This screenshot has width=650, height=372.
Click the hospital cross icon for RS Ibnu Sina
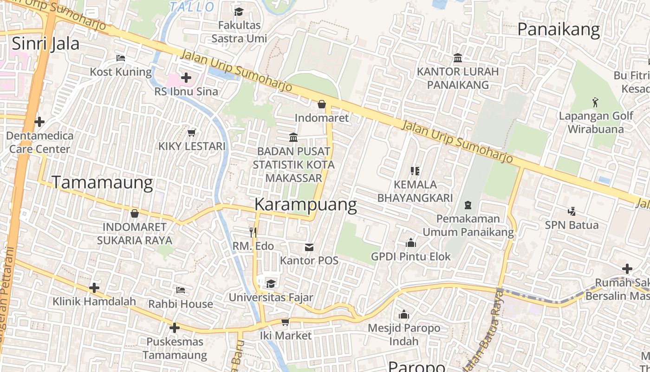[186, 77]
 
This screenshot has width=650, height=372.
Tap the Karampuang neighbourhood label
[305, 205]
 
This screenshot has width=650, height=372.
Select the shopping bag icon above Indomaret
[321, 104]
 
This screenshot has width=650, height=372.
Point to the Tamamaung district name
[102, 182]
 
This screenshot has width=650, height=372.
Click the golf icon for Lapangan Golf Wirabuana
[595, 101]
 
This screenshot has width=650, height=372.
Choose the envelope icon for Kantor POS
[309, 247]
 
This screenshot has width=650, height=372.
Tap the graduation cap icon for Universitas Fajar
[271, 283]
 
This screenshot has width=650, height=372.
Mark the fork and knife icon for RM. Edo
[253, 232]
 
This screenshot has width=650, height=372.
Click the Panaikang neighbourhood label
[559, 30]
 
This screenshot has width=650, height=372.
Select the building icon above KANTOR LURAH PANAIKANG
[458, 58]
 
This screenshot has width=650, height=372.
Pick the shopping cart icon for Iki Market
[285, 321]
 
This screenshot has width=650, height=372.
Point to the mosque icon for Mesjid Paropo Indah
[404, 314]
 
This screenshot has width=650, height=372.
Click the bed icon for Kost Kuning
[121, 58]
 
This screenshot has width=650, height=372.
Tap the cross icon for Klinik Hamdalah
[94, 288]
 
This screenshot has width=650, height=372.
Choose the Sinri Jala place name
[45, 44]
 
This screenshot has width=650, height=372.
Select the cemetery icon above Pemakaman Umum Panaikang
[468, 205]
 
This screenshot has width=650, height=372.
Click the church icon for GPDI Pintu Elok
[410, 243]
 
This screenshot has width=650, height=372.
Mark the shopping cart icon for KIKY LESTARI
[191, 133]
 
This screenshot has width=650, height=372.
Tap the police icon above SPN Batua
[572, 211]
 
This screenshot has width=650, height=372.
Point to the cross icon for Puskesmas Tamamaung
[175, 328]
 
